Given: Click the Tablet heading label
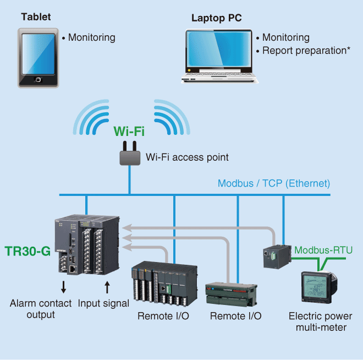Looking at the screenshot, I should click(36, 17).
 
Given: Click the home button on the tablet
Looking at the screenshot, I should click(38, 80).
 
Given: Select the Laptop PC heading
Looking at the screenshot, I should click(216, 18).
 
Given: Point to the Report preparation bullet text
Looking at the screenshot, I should click(303, 51).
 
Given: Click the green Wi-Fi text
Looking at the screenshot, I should click(129, 132).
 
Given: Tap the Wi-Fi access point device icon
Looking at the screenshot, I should click(129, 155).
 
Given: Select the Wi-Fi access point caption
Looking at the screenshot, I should click(187, 157).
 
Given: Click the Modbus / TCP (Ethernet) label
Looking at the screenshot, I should click(274, 183).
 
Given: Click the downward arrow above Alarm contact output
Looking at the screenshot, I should click(63, 286).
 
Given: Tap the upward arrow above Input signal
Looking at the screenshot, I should click(107, 286).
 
